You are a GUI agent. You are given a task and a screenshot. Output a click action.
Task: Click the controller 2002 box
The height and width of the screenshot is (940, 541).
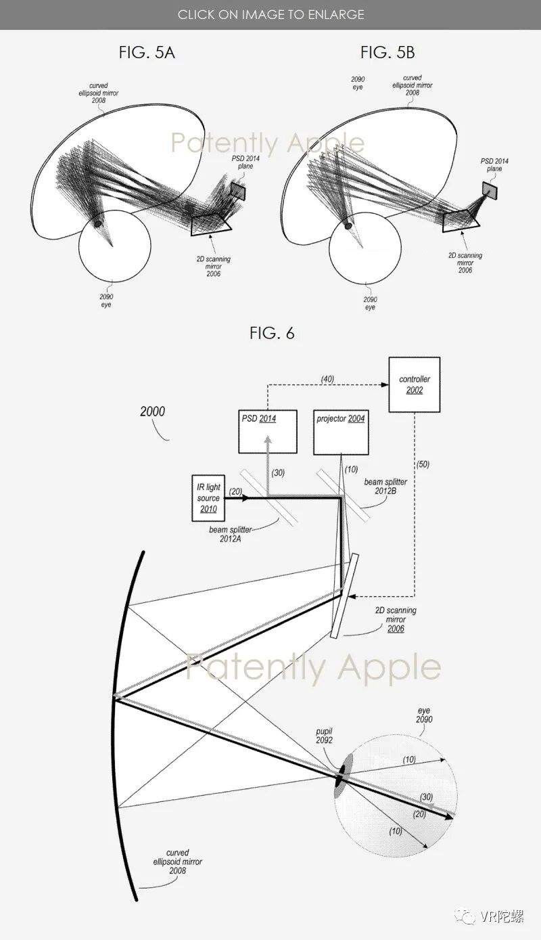click(x=414, y=384)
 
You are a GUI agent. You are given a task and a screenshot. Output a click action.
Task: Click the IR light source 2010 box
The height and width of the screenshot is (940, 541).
click(x=208, y=498)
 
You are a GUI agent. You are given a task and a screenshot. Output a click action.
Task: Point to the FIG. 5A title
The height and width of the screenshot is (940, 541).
click(x=147, y=53)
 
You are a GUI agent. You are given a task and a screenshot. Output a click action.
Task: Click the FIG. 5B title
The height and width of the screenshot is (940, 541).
click(x=386, y=53)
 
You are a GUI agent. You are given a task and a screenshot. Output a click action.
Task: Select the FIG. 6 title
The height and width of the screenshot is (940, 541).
click(x=272, y=333)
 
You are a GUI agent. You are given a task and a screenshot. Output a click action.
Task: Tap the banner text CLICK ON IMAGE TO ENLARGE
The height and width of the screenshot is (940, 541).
click(x=270, y=14)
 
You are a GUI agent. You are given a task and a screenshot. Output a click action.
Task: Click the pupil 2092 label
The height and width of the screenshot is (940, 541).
click(x=324, y=736)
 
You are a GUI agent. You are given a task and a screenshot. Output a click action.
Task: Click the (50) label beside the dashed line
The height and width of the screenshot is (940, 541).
click(x=423, y=464)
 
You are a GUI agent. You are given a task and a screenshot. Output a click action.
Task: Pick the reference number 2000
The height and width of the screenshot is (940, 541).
click(x=152, y=411)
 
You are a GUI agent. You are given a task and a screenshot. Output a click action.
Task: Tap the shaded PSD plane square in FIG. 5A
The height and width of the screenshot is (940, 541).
click(x=237, y=190)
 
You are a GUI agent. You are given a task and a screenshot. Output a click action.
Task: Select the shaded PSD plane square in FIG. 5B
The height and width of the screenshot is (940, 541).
click(x=489, y=190)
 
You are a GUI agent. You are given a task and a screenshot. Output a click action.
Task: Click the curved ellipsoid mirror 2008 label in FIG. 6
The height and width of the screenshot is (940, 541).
click(x=177, y=861)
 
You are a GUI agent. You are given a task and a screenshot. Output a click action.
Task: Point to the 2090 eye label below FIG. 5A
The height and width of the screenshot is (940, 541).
click(x=105, y=300)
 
